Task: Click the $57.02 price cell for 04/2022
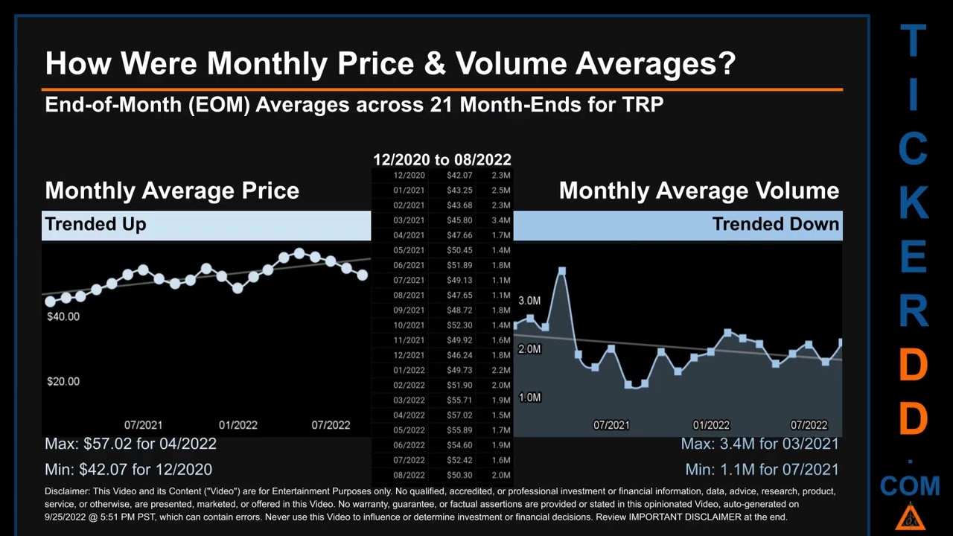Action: click(x=459, y=415)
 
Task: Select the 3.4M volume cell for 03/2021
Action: click(x=500, y=220)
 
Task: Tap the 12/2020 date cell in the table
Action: click(x=409, y=176)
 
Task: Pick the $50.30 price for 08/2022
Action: click(x=459, y=475)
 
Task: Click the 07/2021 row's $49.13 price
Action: click(x=459, y=280)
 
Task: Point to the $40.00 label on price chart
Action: click(x=63, y=316)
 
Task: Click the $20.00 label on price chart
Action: click(x=63, y=381)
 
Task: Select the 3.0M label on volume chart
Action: click(x=529, y=301)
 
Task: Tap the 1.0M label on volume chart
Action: click(x=529, y=398)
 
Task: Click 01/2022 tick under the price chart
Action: click(x=238, y=425)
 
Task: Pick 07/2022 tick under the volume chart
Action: click(x=809, y=425)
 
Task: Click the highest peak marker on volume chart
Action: click(x=562, y=272)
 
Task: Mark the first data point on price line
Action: click(x=50, y=301)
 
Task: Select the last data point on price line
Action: click(x=363, y=275)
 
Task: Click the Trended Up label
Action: click(x=95, y=224)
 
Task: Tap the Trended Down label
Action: click(x=775, y=224)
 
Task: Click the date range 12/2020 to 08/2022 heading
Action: click(x=442, y=160)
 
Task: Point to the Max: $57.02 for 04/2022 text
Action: click(x=130, y=444)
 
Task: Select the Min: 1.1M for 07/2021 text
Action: click(x=762, y=470)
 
